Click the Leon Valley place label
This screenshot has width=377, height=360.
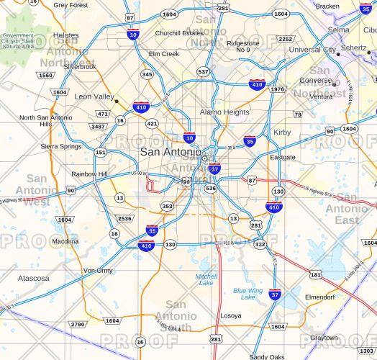click(94, 96)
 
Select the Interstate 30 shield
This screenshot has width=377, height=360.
click(133, 34)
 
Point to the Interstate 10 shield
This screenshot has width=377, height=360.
click(189, 138)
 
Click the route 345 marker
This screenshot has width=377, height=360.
click(147, 74)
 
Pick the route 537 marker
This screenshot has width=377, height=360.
click(204, 71)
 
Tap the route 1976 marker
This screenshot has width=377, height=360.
click(278, 89)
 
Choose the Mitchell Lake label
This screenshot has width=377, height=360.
click(206, 279)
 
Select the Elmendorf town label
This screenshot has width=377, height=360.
click(320, 297)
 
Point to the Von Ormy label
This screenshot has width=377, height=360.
click(98, 271)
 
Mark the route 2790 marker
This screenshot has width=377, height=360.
click(78, 325)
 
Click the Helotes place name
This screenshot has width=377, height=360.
click(65, 35)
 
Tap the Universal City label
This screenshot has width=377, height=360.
click(312, 50)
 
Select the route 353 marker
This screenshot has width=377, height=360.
click(167, 206)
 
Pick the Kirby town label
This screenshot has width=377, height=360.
click(282, 132)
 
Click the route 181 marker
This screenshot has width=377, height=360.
click(316, 274)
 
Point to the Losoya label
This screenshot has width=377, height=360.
click(231, 315)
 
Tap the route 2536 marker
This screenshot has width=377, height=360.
click(125, 218)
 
